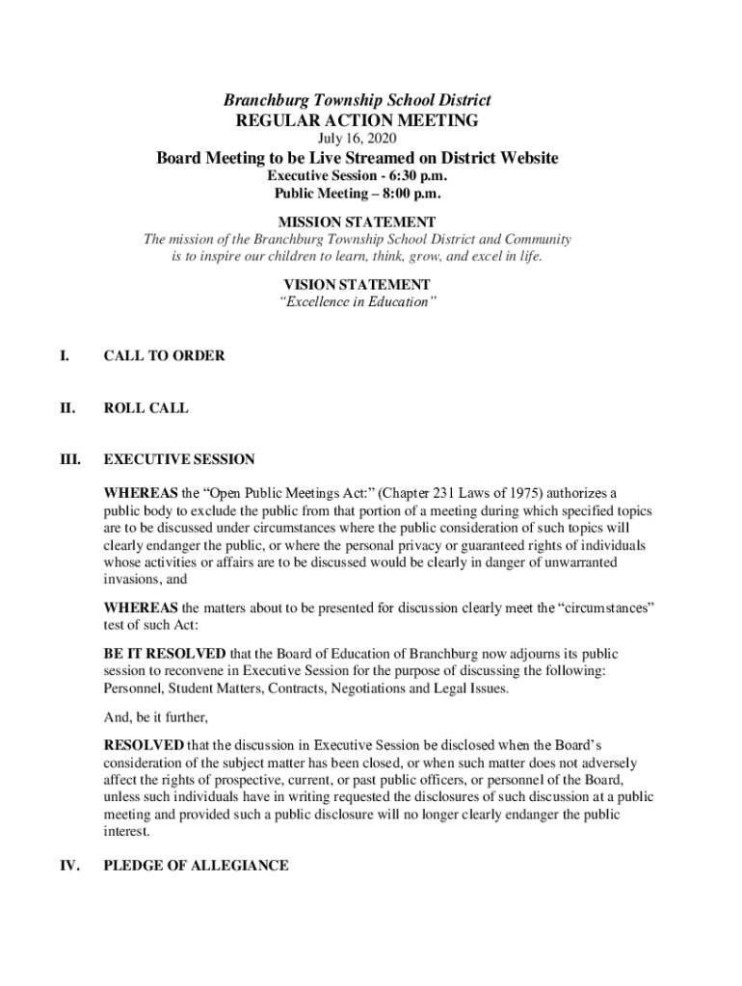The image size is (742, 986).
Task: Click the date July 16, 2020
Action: click(x=357, y=139)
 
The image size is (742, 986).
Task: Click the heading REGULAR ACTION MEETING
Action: click(x=357, y=120)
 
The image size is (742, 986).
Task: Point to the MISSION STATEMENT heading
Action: click(x=357, y=221)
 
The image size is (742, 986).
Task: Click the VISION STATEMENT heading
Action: click(x=357, y=284)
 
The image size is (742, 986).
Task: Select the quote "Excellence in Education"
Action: click(x=357, y=302)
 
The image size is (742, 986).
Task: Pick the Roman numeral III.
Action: click(x=68, y=459)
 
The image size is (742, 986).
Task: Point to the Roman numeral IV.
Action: click(x=67, y=866)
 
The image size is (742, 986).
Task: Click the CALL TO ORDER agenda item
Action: click(x=164, y=355)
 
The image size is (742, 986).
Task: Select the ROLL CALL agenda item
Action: click(x=146, y=407)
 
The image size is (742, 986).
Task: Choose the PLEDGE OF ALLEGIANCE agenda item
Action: click(x=196, y=866)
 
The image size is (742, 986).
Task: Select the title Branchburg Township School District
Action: click(x=357, y=100)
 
